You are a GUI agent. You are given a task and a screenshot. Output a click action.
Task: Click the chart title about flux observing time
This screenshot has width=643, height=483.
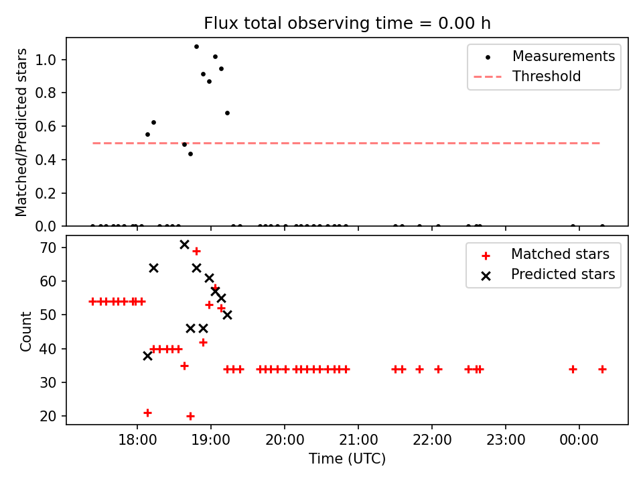[347, 23]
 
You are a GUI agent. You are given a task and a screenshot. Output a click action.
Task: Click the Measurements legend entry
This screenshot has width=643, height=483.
[563, 56]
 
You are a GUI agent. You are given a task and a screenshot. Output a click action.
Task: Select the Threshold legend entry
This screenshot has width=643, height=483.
[547, 76]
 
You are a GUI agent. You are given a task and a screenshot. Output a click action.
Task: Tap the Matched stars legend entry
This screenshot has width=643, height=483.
[560, 254]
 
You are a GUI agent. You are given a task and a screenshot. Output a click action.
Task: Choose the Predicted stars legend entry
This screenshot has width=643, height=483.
[563, 274]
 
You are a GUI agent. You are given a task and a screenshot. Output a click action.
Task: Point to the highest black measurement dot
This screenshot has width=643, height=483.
[196, 47]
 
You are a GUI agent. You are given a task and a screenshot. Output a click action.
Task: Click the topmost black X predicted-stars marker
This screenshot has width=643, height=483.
[184, 244]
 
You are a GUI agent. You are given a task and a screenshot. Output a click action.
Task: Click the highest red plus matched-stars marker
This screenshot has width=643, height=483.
[196, 251]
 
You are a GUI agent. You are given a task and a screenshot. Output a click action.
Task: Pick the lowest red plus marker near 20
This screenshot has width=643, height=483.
[190, 416]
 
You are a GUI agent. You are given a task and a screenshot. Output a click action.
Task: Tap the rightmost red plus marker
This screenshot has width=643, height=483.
[602, 369]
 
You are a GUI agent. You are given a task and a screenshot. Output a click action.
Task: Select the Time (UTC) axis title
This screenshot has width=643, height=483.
[347, 460]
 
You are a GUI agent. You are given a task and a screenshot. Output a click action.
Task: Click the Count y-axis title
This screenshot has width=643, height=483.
[26, 331]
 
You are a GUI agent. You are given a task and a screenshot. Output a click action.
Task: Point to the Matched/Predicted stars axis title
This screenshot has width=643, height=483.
[21, 132]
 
